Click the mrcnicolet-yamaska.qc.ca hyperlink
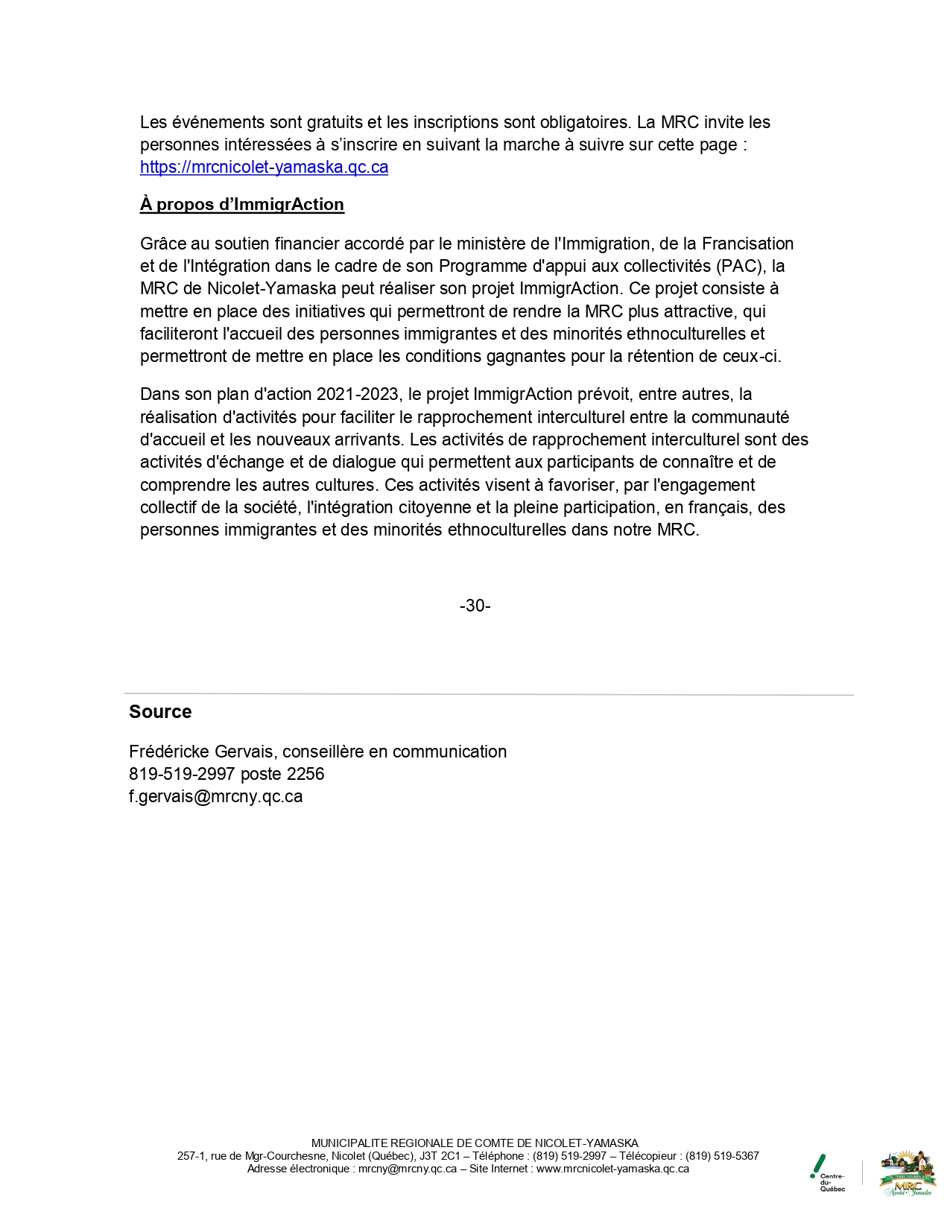pyautogui.click(x=264, y=167)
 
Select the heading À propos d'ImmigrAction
pyautogui.click(x=241, y=205)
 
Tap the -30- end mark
pyautogui.click(x=475, y=606)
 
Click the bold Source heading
pyautogui.click(x=160, y=712)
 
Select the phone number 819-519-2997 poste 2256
pyautogui.click(x=227, y=774)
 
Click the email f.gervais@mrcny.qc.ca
pyautogui.click(x=215, y=796)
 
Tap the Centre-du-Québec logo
pyautogui.click(x=828, y=1173)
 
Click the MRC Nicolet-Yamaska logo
pyautogui.click(x=908, y=1173)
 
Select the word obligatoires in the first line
pyautogui.click(x=583, y=122)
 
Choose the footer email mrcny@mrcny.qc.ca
pyautogui.click(x=407, y=1169)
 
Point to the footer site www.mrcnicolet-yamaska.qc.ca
pyautogui.click(x=612, y=1169)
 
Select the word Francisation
pyautogui.click(x=747, y=244)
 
